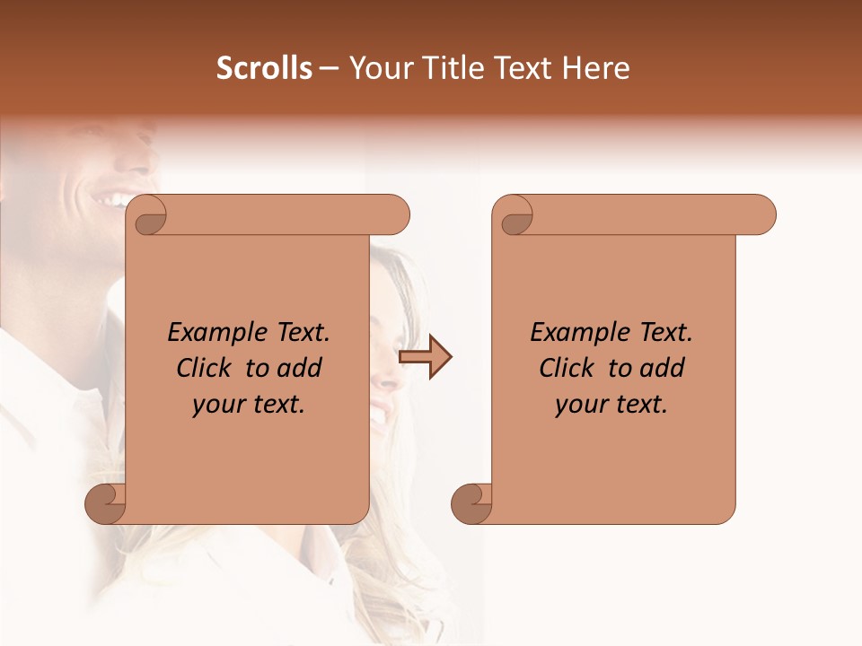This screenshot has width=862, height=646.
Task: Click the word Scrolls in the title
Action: coord(264,68)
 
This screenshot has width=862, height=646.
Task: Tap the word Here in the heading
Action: coord(596,68)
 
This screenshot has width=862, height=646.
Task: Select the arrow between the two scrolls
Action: coord(426,358)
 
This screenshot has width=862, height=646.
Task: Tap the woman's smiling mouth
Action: coord(380,415)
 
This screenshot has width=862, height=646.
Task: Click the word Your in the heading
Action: coord(378,68)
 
